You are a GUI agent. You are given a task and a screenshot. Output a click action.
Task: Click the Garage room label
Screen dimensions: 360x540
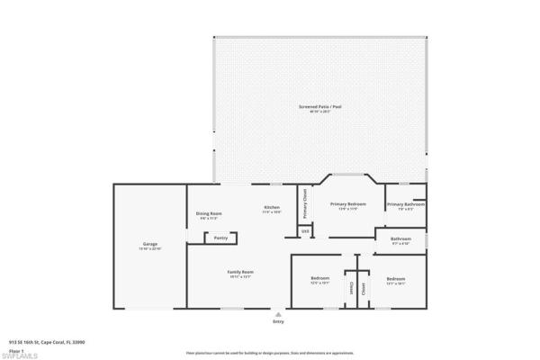click(149, 244)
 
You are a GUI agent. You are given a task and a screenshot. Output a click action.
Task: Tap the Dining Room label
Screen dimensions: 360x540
click(209, 212)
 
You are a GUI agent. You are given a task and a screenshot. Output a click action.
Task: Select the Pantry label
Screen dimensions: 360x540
click(220, 238)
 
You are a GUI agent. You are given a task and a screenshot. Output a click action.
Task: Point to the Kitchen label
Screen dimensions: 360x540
click(271, 208)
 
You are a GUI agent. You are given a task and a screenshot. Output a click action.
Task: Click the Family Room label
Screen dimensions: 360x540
click(239, 272)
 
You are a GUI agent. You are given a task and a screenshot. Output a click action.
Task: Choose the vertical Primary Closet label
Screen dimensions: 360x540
click(305, 203)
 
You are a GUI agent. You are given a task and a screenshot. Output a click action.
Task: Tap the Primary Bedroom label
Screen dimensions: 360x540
click(347, 204)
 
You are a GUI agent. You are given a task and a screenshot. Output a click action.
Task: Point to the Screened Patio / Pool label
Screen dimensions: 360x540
click(320, 107)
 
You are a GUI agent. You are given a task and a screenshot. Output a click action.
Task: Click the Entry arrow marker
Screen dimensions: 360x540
click(278, 314)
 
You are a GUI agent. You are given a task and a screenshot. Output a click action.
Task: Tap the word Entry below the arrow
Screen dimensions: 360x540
click(278, 321)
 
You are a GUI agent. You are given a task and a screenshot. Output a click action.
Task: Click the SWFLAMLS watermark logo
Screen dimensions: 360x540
click(19, 355)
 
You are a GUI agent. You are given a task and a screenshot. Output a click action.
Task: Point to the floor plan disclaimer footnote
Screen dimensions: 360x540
click(270, 353)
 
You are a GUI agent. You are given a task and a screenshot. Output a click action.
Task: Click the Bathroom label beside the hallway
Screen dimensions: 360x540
click(400, 238)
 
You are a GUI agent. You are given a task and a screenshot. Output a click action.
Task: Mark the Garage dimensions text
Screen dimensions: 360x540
click(149, 248)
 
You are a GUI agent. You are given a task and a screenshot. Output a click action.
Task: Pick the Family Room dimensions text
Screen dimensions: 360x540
click(239, 276)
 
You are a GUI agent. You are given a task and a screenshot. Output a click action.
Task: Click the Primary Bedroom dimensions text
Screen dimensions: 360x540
click(347, 209)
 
